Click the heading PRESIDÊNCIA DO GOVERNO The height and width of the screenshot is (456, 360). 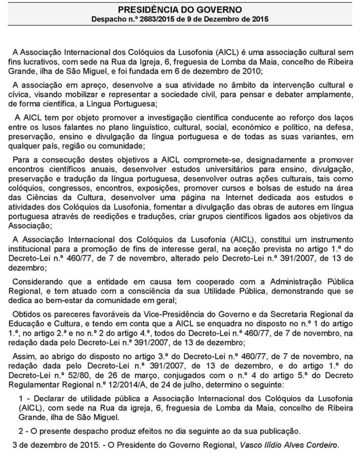click(x=180, y=9)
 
